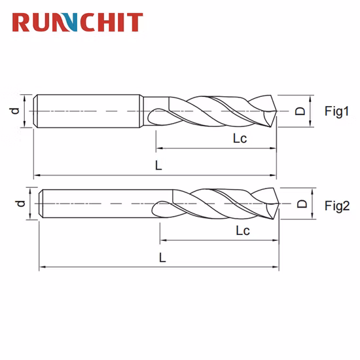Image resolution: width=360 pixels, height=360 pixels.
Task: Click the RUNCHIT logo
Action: pos(77,22)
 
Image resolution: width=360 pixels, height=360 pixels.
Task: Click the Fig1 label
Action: pos(337,111)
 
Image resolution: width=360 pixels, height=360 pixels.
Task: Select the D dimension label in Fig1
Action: pos(300,111)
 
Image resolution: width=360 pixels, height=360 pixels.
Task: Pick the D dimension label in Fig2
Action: pos(302,204)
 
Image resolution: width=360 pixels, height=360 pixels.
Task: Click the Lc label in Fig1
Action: pos(240,138)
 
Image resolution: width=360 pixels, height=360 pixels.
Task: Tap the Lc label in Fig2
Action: pos(243,231)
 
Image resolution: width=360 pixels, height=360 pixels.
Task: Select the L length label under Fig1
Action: pos(158,166)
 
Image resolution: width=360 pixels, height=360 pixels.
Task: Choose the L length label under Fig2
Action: pos(162,258)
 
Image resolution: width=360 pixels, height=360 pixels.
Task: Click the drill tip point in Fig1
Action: pos(275,111)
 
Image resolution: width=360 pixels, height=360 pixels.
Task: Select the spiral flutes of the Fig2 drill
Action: pos(216,204)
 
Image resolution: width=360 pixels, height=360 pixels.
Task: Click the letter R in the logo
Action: pos(22,22)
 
